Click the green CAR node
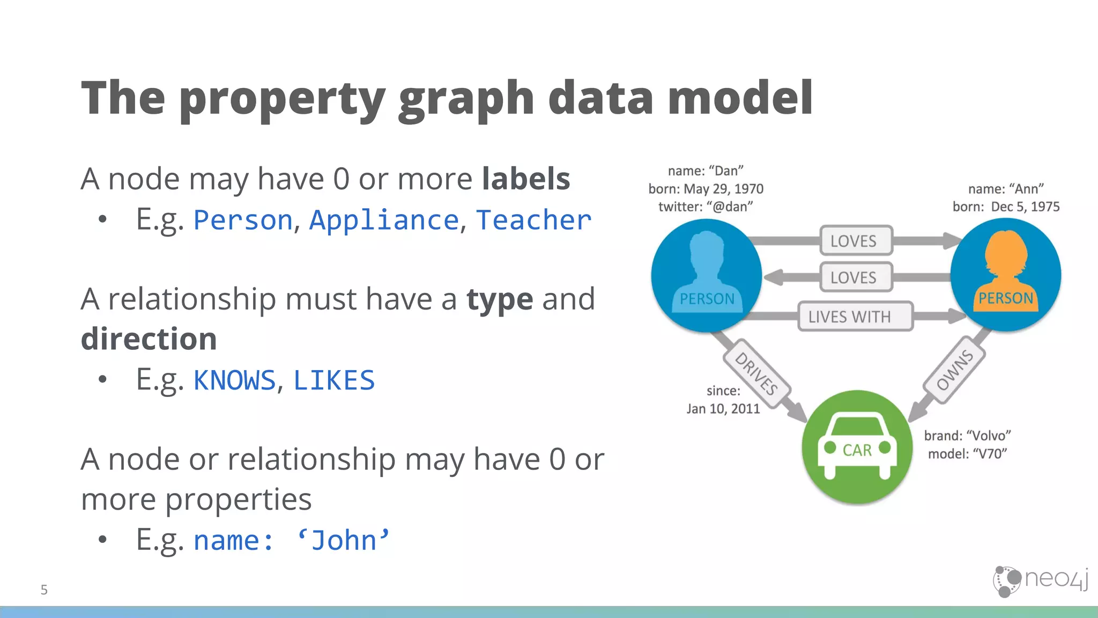click(857, 447)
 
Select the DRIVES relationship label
click(756, 374)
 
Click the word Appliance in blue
click(384, 220)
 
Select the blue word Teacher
click(533, 220)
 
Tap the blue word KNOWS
click(234, 380)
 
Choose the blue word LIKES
click(334, 380)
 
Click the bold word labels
click(525, 179)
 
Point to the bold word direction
click(149, 339)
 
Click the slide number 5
click(44, 590)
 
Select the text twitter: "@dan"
click(706, 207)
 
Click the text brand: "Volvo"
click(967, 436)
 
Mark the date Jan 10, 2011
click(723, 409)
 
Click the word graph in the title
click(466, 99)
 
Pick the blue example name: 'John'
click(291, 540)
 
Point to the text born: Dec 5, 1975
click(1006, 207)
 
